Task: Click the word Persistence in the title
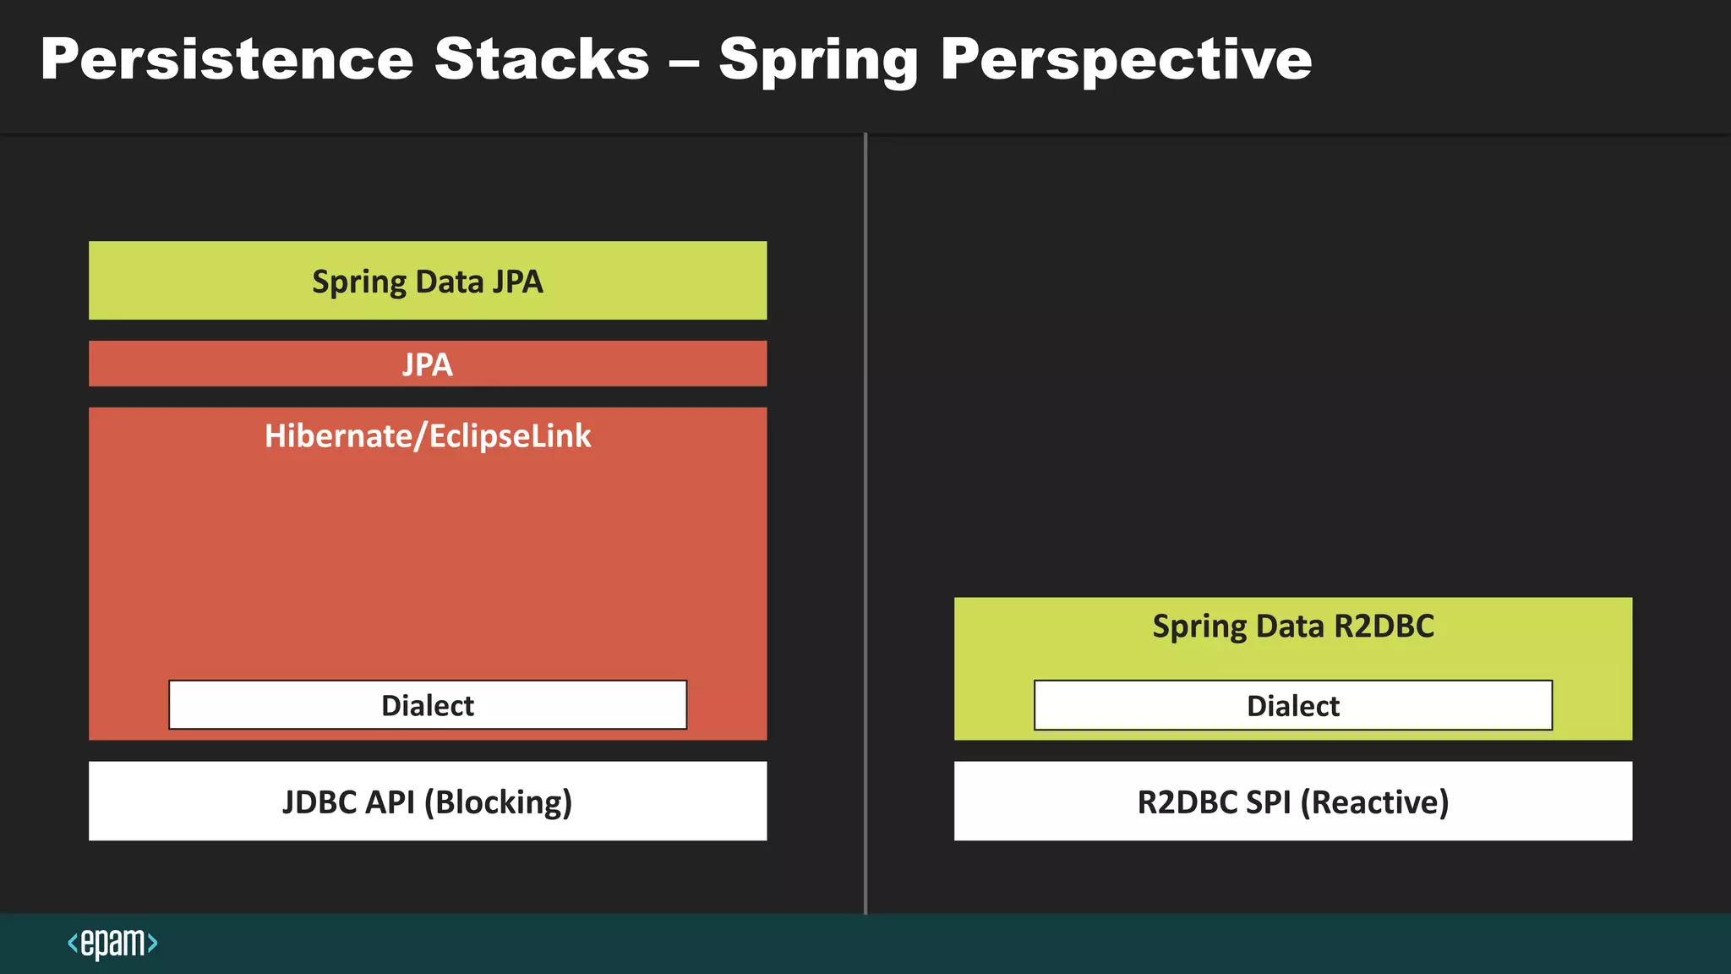pos(227,59)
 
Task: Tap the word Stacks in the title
pos(542,59)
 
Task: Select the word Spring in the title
pos(818,61)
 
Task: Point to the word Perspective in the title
pos(1126,61)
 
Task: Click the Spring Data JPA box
pos(428,281)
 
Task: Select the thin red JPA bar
pos(428,364)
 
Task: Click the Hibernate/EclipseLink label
pos(428,436)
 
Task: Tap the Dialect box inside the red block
pos(428,705)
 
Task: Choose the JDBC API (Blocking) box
pos(428,802)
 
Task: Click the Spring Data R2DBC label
pos(1293,627)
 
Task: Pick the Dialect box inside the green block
pos(1293,705)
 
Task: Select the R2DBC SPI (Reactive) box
pos(1293,802)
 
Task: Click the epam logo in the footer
pos(112,943)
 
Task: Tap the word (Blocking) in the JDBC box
pos(498,802)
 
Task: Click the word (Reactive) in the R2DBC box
pos(1374,802)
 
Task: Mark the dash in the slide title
pos(684,61)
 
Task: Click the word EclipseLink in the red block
pos(510,436)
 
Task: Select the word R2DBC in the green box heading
pos(1384,627)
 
